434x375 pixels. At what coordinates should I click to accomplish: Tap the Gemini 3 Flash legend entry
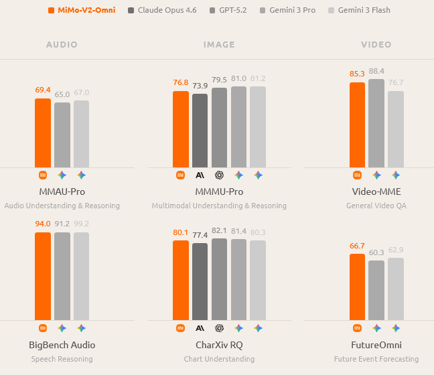(x=360, y=10)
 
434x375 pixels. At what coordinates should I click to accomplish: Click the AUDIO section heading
(x=62, y=45)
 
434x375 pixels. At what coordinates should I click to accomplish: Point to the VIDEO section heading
(x=376, y=45)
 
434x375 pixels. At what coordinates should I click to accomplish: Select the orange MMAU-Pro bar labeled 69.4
(x=42, y=133)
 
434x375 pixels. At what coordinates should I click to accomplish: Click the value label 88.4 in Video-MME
(x=376, y=71)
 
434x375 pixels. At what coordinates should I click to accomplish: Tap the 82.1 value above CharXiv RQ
(x=219, y=230)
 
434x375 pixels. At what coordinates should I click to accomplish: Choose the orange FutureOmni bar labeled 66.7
(x=357, y=287)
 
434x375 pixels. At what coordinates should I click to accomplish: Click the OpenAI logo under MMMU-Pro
(x=219, y=175)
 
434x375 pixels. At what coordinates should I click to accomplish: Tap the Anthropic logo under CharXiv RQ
(x=200, y=328)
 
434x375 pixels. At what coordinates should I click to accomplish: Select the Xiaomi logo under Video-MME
(x=357, y=175)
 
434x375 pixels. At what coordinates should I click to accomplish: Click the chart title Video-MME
(x=376, y=192)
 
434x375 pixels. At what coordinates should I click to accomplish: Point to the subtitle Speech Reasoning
(x=62, y=359)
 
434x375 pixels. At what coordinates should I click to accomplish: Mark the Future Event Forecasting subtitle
(x=376, y=359)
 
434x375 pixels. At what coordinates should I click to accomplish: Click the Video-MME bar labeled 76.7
(x=396, y=129)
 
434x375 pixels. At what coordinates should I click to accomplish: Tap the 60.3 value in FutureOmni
(x=376, y=252)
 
